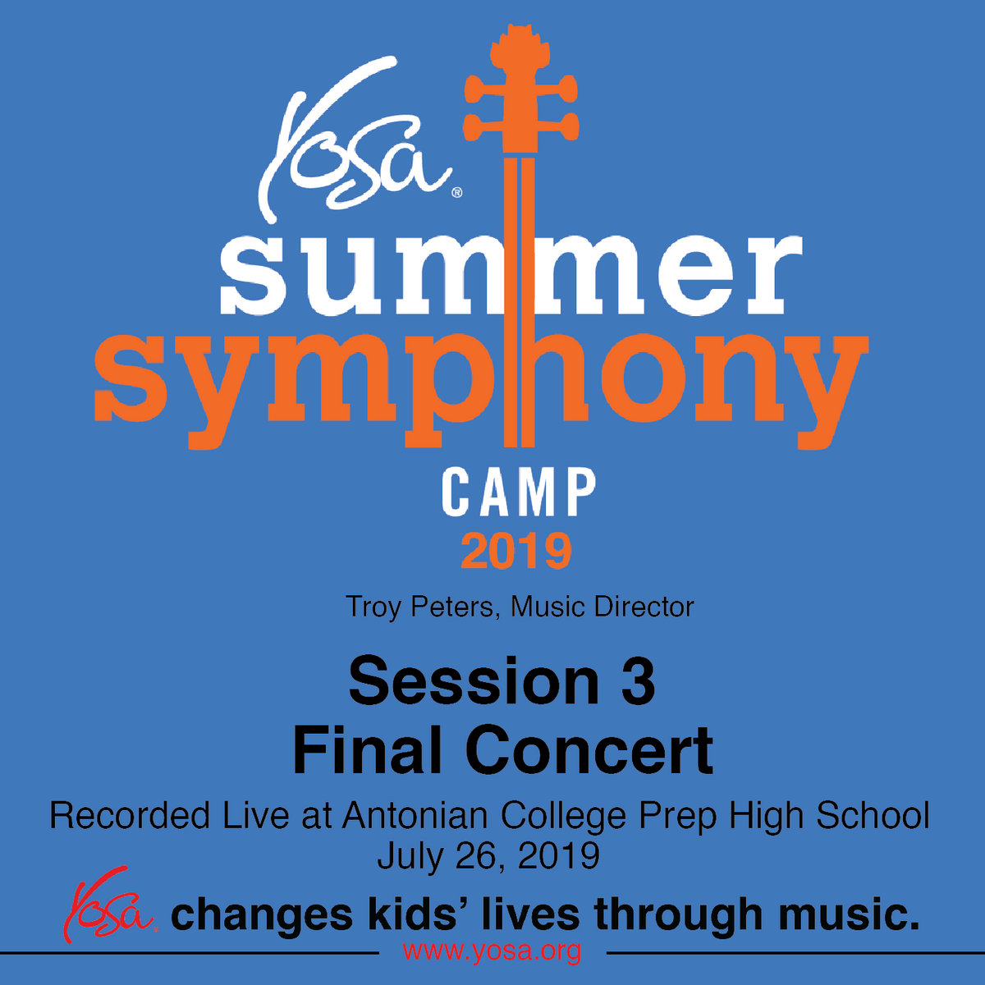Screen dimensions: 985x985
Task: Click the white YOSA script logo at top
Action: tap(353, 139)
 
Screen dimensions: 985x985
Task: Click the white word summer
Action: tap(510, 274)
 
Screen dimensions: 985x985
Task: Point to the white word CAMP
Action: tap(519, 493)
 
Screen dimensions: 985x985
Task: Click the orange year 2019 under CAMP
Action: tap(515, 552)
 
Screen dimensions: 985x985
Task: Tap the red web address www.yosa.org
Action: tap(492, 951)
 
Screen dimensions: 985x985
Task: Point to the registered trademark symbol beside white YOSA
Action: tap(457, 193)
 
